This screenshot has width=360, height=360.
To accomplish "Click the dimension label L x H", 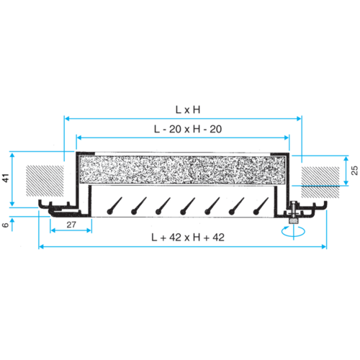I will pyautogui.click(x=183, y=109).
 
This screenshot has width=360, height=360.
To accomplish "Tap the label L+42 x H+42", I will pyautogui.click(x=183, y=238).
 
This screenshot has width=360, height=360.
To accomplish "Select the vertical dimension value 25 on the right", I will pyautogui.click(x=354, y=170).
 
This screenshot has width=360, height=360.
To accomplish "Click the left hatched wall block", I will pyautogui.click(x=45, y=181).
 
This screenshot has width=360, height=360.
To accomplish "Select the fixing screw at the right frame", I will pyautogui.click(x=295, y=214).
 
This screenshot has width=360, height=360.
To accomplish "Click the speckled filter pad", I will pyautogui.click(x=183, y=171).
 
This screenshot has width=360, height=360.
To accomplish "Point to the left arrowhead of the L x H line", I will pyautogui.click(x=66, y=116).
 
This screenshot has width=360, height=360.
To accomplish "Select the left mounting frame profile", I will pyautogui.click(x=65, y=210).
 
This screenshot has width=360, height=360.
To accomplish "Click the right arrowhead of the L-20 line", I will pyautogui.click(x=289, y=136).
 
